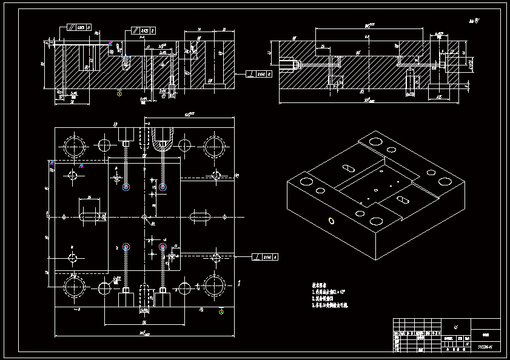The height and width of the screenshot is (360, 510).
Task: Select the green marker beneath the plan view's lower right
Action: tap(221, 312)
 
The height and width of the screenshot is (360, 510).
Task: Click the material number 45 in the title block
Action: tap(447, 324)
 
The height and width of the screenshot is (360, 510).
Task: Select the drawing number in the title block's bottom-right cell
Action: tap(485, 347)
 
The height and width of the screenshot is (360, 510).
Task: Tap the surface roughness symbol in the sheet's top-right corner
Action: tap(474, 21)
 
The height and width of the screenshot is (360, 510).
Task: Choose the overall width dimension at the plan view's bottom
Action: tap(144, 334)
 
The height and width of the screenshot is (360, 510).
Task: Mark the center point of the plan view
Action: tap(144, 216)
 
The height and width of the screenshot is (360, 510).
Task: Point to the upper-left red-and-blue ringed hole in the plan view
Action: tap(126, 187)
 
